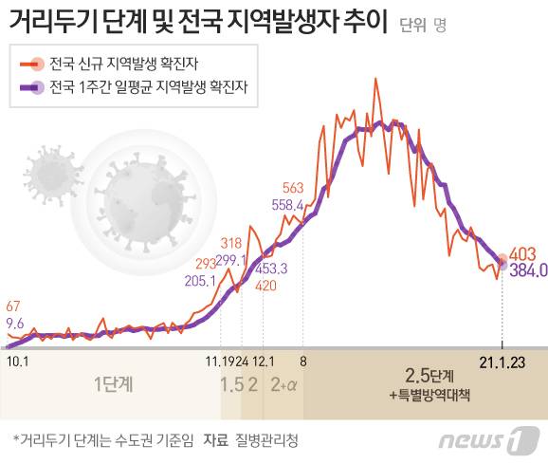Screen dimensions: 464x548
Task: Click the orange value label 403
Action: tap(522, 254)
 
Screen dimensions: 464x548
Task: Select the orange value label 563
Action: tap(293, 187)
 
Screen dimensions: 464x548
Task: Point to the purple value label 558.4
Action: tap(287, 204)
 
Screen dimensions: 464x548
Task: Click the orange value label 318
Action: tap(230, 243)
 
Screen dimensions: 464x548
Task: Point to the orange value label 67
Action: tap(12, 306)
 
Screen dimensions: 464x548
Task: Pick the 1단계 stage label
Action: tap(114, 384)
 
